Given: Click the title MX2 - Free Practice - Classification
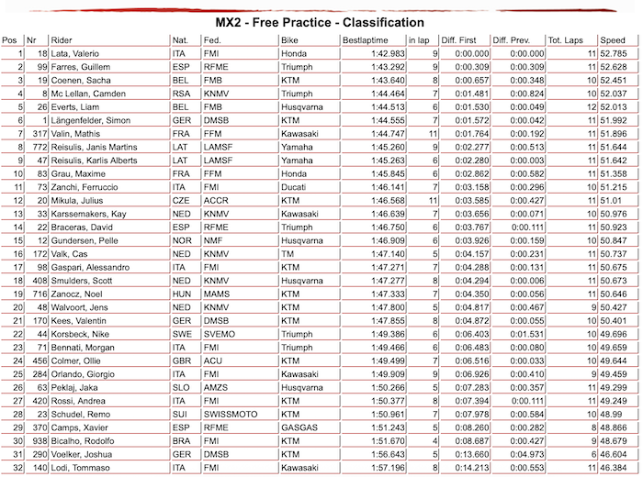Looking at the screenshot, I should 320,22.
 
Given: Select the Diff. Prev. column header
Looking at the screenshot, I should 513,40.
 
